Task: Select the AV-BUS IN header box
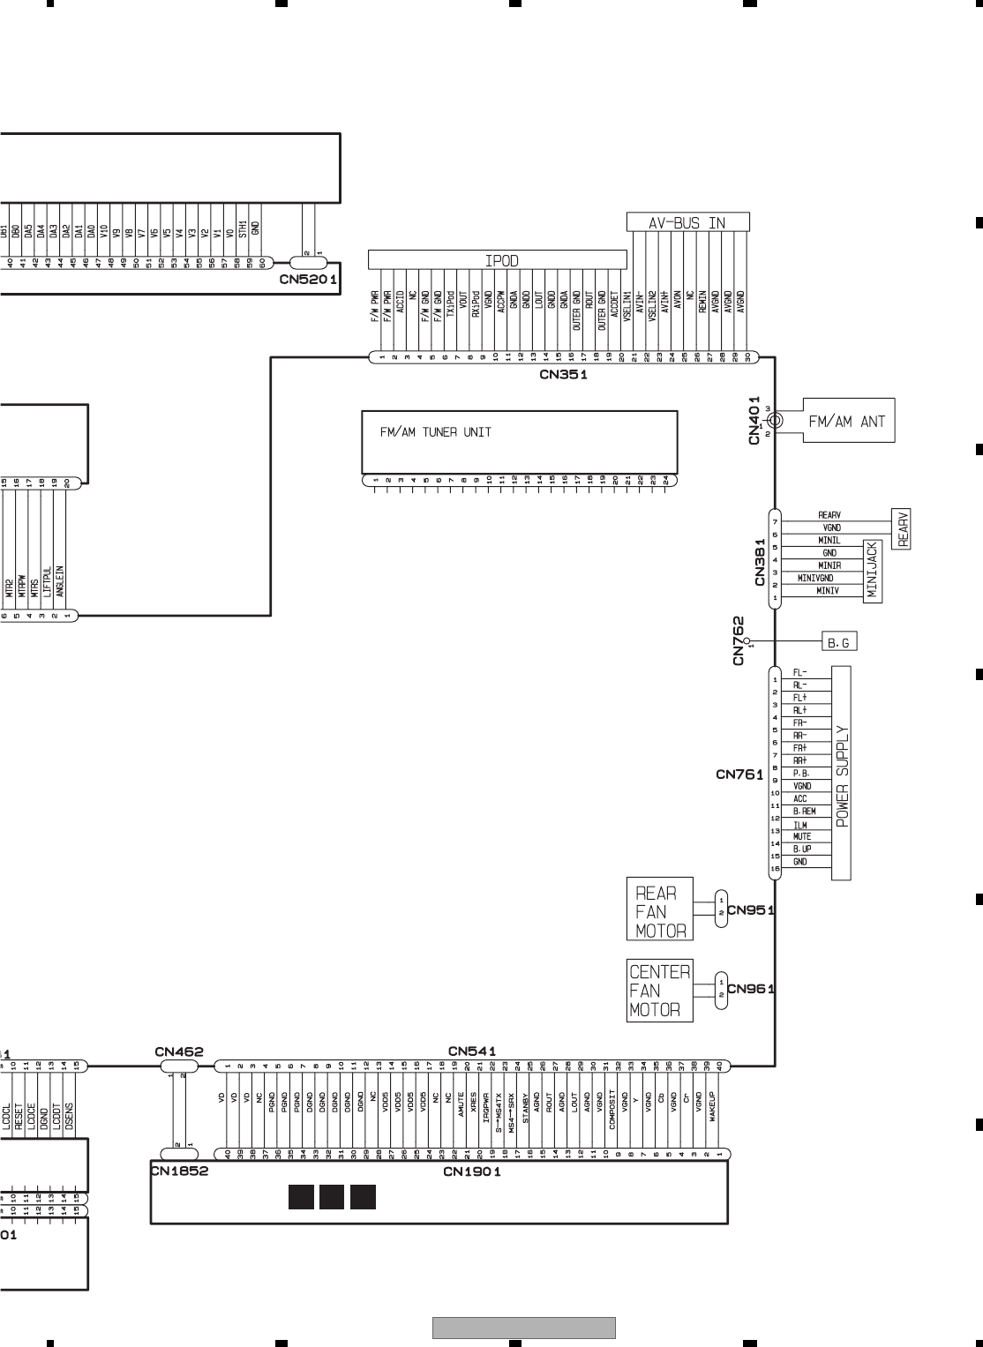(687, 222)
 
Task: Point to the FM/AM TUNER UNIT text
(436, 432)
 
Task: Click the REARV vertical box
(904, 529)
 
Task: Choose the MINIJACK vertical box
(873, 572)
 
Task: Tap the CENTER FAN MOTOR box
(659, 991)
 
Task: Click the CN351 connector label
(564, 374)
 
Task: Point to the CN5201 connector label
(309, 280)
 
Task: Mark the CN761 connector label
(739, 775)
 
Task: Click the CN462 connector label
(179, 1051)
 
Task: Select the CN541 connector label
(472, 1051)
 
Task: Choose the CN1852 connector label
(179, 1172)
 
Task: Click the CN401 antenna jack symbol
(774, 422)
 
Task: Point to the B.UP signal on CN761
(802, 849)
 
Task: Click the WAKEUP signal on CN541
(712, 1106)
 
